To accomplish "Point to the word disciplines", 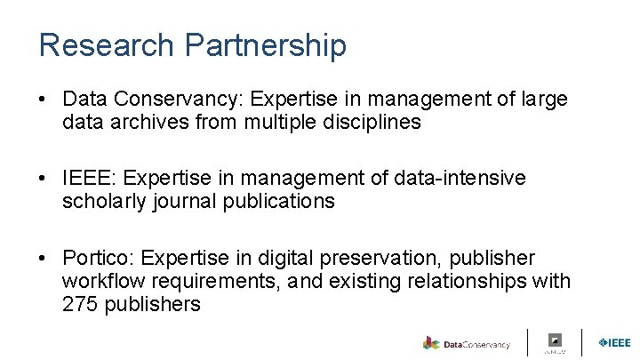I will (x=364, y=123).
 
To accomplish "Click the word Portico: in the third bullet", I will (x=99, y=258).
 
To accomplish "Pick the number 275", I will (x=80, y=304).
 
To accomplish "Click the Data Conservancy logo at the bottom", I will (x=467, y=343).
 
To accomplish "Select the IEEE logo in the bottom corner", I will (x=614, y=342).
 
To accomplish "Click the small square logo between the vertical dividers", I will (x=556, y=340).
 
